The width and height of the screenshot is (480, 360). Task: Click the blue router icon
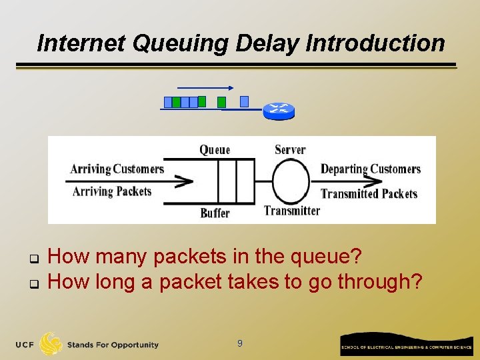click(x=277, y=110)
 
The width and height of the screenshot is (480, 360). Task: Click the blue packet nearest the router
click(x=244, y=101)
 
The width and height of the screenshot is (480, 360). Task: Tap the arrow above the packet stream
click(x=205, y=87)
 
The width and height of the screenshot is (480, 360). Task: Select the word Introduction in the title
click(x=375, y=43)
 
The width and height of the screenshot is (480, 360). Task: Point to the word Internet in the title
click(x=81, y=43)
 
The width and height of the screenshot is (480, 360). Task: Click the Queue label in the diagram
click(x=215, y=150)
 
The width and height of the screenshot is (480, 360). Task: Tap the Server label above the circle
click(x=290, y=149)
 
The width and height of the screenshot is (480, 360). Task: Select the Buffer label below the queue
click(x=215, y=213)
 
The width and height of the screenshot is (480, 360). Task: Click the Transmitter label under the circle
click(x=292, y=211)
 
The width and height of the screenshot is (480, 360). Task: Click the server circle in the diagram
click(x=291, y=181)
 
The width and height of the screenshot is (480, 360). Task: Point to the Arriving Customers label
click(x=117, y=169)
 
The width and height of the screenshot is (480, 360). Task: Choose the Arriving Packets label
click(x=112, y=192)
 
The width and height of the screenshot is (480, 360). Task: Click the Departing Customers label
click(x=371, y=169)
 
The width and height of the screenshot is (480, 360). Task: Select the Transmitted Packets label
click(x=369, y=193)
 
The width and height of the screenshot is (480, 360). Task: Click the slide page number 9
click(x=240, y=344)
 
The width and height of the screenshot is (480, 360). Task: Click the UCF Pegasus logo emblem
click(x=51, y=344)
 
